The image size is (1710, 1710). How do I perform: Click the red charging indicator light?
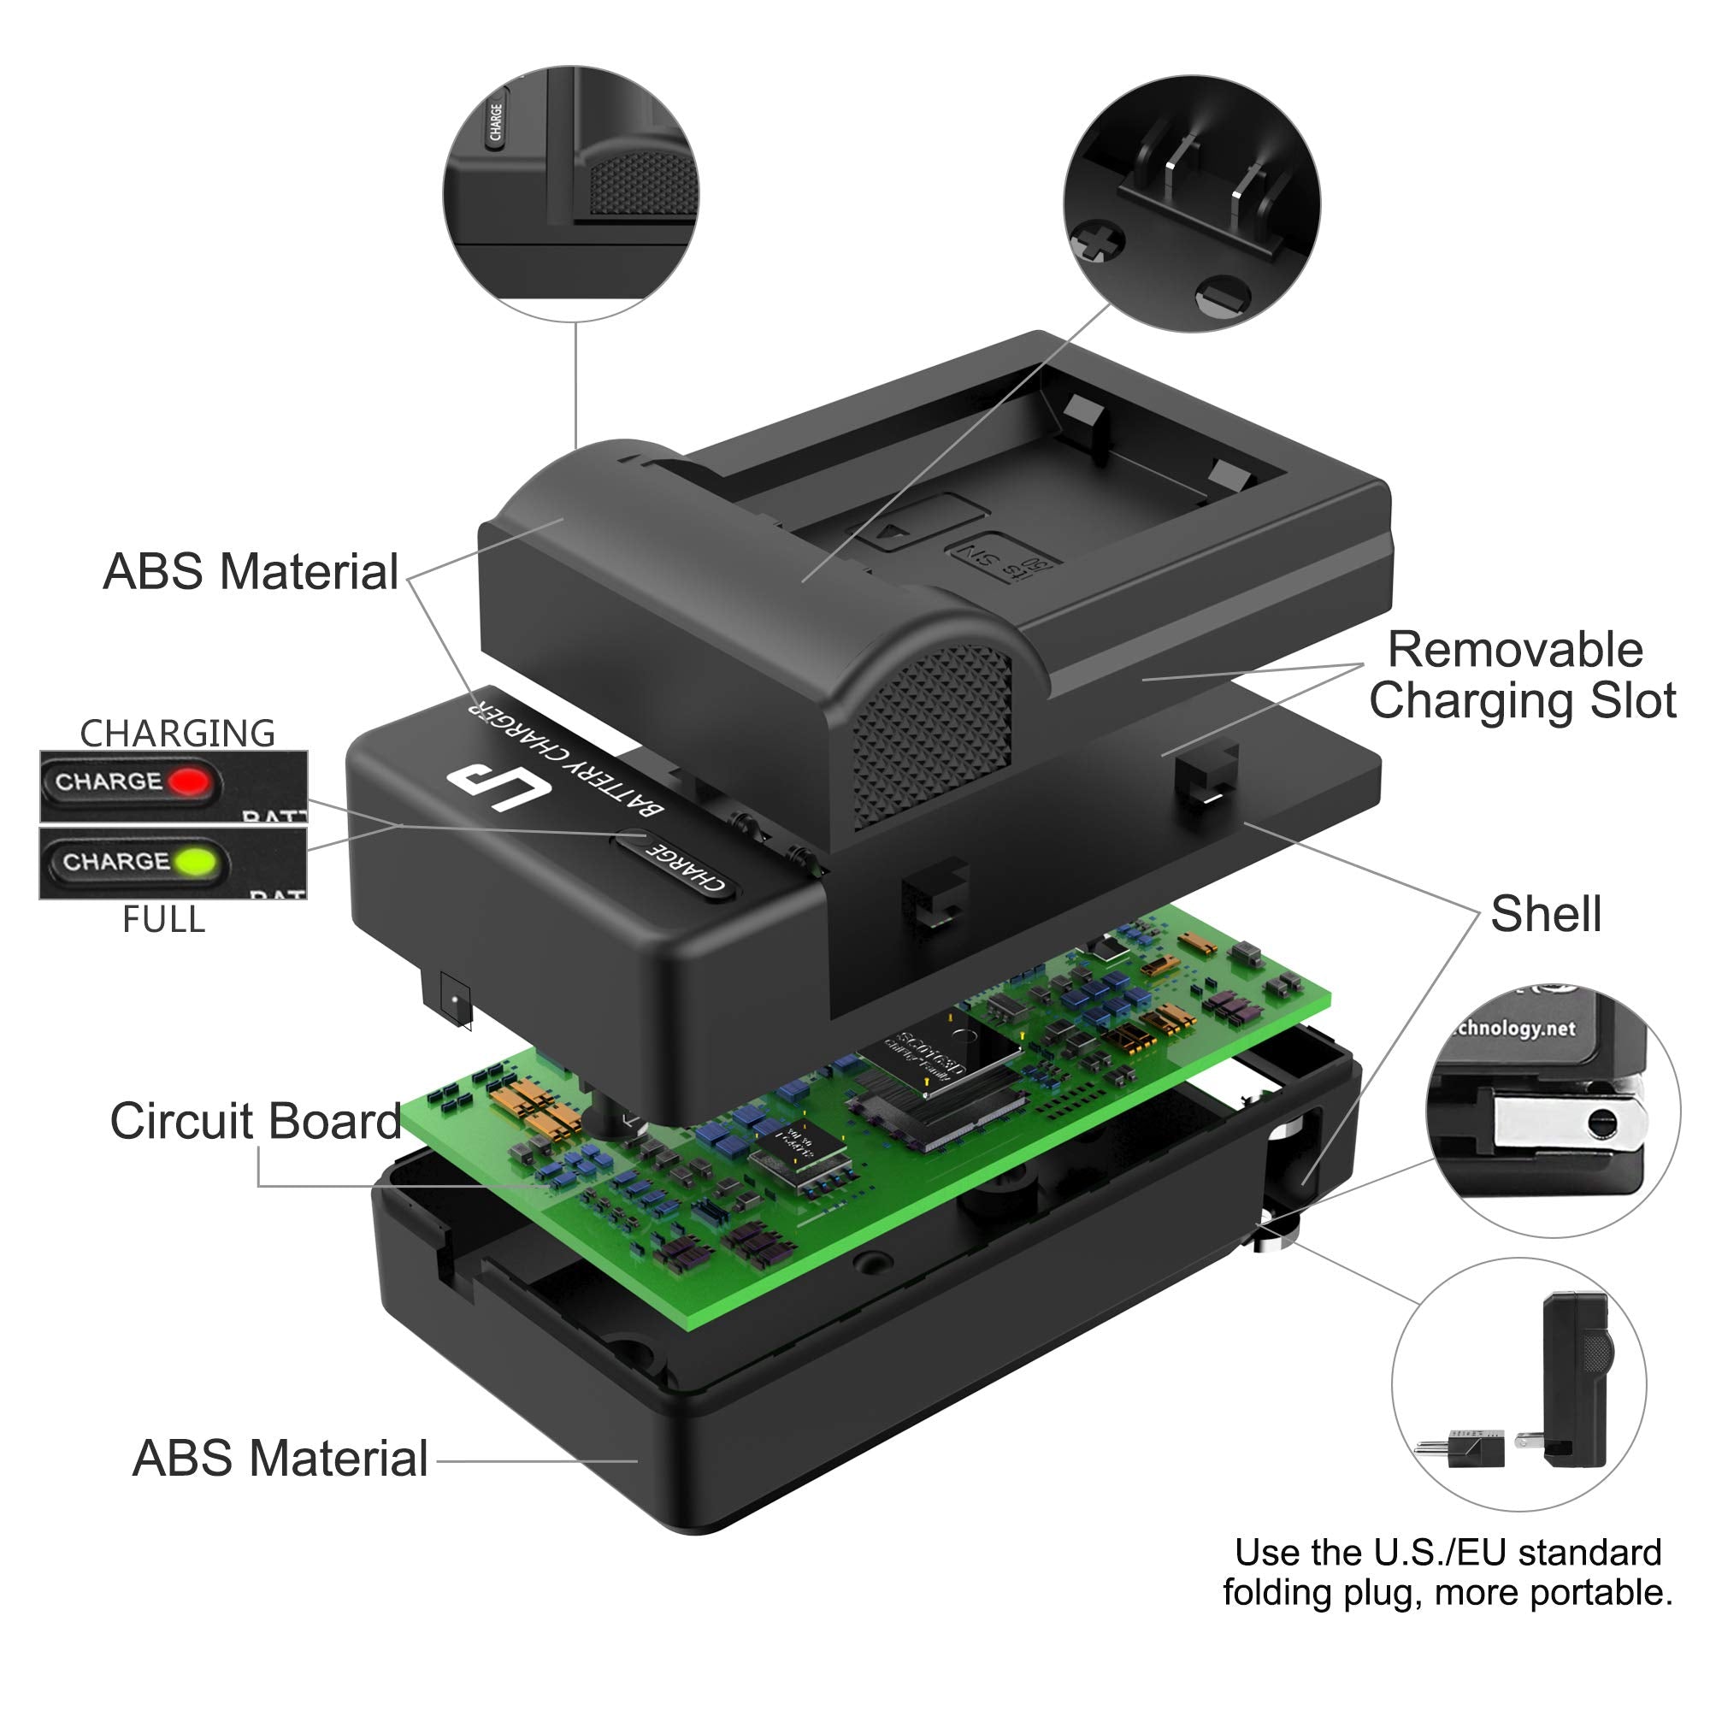point(188,782)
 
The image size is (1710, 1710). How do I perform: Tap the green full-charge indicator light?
point(196,861)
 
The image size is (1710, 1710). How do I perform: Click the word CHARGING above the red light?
point(177,733)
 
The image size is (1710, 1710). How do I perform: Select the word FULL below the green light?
point(164,920)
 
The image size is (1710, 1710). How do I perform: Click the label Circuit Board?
point(256,1121)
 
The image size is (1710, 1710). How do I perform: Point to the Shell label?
point(1545,913)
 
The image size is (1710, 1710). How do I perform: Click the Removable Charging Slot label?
point(1522,675)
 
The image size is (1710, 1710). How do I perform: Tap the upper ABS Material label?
point(251,572)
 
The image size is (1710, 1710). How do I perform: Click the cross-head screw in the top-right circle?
point(1098,240)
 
